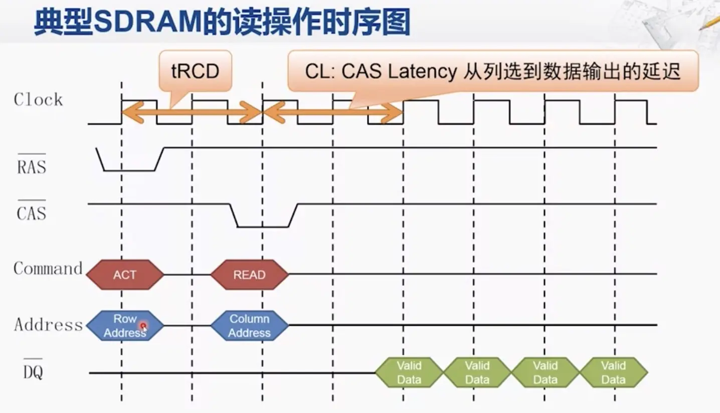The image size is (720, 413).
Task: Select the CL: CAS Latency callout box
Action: pos(492,71)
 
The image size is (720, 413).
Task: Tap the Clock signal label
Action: pos(39,100)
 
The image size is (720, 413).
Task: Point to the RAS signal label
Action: pos(31,166)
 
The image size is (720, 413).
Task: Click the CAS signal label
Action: pos(31,213)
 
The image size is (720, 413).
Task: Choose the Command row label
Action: pos(48,269)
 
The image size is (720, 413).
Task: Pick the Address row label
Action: pos(48,325)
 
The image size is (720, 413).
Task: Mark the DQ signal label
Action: pos(33,372)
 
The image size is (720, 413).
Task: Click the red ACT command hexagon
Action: pos(125,275)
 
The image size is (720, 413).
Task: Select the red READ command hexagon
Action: pos(249,275)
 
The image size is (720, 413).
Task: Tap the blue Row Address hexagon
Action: pos(124,325)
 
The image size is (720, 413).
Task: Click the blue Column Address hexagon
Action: pos(249,325)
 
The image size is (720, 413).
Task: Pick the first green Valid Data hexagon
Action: pos(409,372)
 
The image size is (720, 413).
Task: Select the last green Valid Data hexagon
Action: pos(613,372)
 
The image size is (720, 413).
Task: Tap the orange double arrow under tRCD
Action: pos(192,112)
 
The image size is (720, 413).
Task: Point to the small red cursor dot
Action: pos(143,326)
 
